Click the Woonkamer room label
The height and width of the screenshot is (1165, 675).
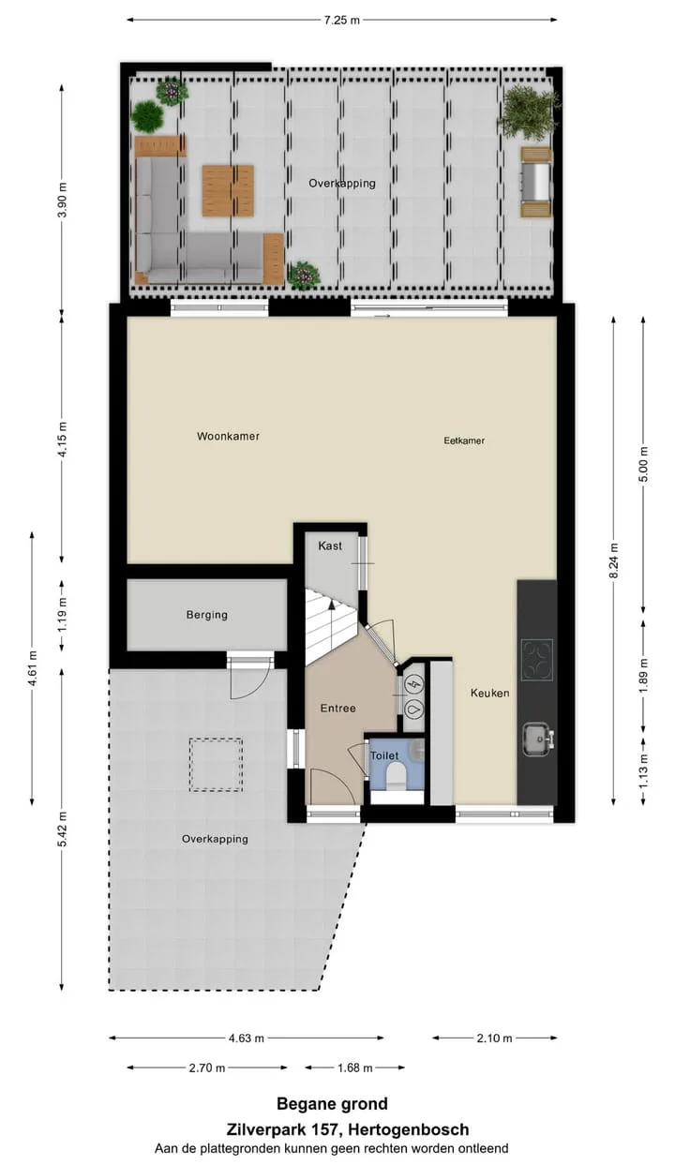coord(228,437)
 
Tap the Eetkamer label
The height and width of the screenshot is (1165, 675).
coord(464,441)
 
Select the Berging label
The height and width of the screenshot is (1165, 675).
coord(207,615)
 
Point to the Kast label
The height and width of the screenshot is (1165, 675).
coord(330,545)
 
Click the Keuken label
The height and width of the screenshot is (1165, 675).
coord(490,693)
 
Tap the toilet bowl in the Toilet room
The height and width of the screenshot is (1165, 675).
coord(397,776)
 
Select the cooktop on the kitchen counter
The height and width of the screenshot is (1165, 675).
coord(537,660)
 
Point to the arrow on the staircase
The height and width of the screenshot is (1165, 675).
coord(331,604)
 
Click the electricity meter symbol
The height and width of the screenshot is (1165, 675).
coord(414,684)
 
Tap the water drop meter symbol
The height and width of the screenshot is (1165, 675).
coord(414,709)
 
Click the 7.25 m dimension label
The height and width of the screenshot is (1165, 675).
coord(341,21)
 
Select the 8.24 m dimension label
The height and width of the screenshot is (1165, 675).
coord(614,560)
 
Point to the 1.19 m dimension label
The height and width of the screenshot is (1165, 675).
coord(63,615)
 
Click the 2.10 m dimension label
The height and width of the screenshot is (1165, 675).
coord(495,1038)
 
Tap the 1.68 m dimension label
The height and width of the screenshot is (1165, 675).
coord(354,1068)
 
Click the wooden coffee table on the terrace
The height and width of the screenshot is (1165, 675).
coord(229,190)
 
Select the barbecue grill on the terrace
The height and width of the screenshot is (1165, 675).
coord(536,182)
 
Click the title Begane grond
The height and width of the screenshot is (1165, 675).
coord(332,1104)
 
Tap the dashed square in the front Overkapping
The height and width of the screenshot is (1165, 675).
coord(216,765)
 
